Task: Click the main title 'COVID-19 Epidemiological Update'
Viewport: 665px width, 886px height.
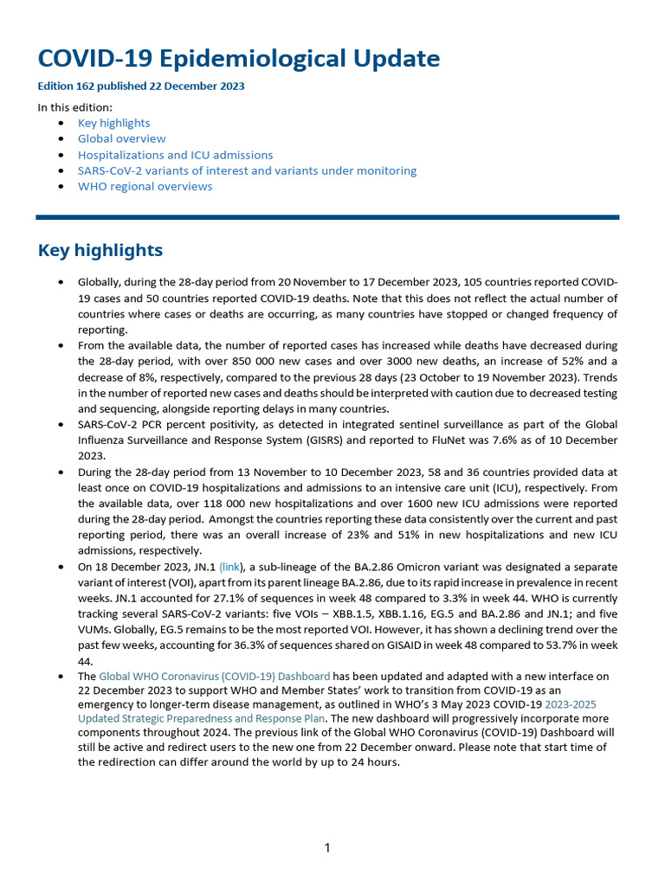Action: [238, 59]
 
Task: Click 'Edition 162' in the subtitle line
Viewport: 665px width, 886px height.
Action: [68, 87]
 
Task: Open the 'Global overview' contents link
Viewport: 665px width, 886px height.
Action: [121, 138]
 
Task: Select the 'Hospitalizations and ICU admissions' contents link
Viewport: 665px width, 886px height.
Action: [175, 155]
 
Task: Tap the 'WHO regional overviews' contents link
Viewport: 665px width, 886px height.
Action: [145, 186]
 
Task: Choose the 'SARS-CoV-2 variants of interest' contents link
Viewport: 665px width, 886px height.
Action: [247, 170]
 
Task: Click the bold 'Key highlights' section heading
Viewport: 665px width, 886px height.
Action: [100, 250]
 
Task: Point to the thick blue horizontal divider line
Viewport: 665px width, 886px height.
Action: [327, 217]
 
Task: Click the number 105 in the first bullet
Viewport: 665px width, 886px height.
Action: [475, 282]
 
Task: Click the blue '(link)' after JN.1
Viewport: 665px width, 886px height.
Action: [231, 567]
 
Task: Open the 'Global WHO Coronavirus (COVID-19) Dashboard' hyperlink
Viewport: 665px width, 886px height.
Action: [214, 676]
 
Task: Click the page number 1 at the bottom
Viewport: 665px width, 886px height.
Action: [327, 848]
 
